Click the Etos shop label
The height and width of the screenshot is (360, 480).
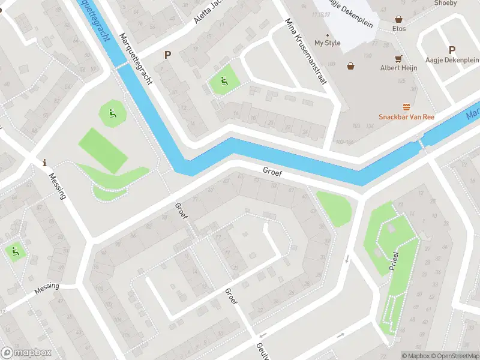[x=399, y=29]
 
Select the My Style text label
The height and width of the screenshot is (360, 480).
[x=327, y=43]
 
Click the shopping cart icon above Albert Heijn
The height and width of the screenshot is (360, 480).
[x=398, y=58]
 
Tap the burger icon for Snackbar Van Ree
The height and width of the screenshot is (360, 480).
[x=406, y=107]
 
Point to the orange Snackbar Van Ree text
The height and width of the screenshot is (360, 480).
[x=406, y=117]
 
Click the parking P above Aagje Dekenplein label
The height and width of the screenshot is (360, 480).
[x=452, y=50]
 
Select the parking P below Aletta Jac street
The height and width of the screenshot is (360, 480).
[x=168, y=55]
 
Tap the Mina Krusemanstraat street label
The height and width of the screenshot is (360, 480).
[x=305, y=52]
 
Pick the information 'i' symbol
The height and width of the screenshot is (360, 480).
[x=44, y=163]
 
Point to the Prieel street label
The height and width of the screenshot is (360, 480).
[x=393, y=257]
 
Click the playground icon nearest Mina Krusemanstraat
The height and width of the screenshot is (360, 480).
[x=224, y=82]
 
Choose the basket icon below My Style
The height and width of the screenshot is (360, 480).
[x=350, y=66]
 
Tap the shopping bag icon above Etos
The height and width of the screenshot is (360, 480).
[x=398, y=19]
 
